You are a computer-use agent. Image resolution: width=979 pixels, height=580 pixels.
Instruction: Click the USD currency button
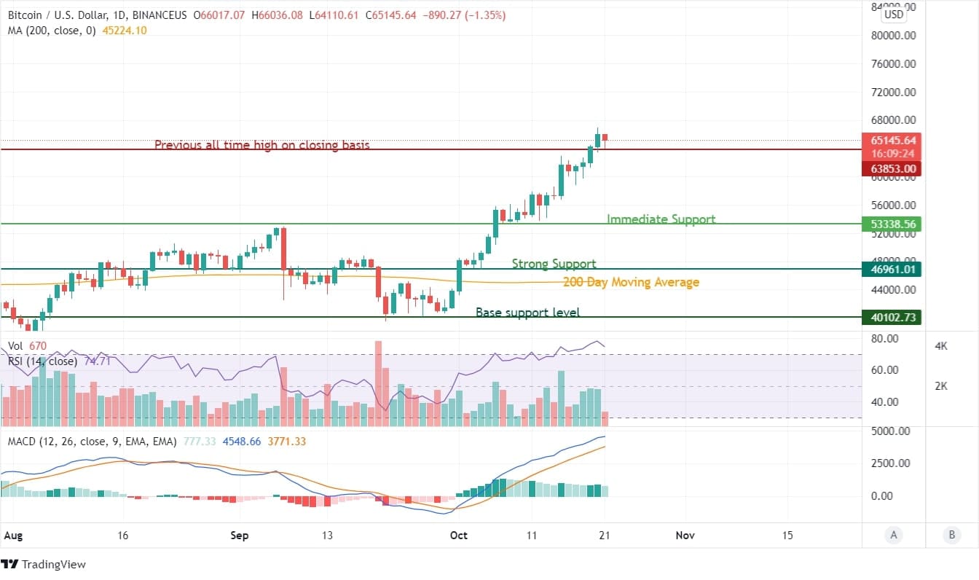(893, 14)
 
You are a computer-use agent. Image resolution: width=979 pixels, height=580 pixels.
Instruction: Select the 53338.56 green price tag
(891, 224)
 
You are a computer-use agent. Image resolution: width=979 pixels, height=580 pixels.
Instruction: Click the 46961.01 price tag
(891, 270)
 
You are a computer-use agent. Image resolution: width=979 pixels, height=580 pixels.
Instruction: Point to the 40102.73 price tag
(891, 318)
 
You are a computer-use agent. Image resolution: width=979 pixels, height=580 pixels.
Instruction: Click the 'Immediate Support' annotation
(661, 219)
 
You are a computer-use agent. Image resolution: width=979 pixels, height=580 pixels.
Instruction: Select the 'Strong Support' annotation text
(554, 264)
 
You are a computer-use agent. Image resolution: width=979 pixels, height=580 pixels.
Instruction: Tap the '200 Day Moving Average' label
(631, 282)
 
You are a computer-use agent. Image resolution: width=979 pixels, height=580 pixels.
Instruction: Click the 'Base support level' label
(527, 313)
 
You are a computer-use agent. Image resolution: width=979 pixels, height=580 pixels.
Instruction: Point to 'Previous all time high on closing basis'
(262, 145)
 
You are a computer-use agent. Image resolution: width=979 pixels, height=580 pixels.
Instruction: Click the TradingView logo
(44, 564)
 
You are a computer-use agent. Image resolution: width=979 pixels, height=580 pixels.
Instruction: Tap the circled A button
(893, 535)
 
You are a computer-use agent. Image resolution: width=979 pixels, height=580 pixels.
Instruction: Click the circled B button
(951, 535)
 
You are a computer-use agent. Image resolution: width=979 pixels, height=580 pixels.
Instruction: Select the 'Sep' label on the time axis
(239, 536)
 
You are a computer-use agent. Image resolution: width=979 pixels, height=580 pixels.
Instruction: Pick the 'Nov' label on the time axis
(684, 536)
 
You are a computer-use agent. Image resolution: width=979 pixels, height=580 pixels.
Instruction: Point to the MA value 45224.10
(126, 30)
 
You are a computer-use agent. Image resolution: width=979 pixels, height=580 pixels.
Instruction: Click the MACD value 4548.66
(243, 442)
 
